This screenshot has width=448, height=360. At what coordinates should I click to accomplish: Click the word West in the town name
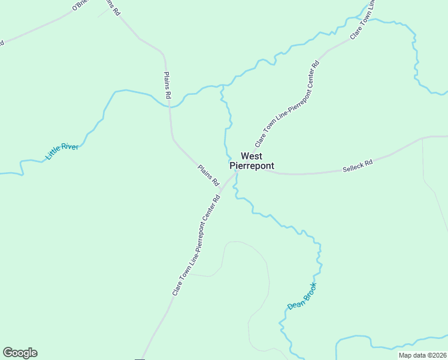click(252, 156)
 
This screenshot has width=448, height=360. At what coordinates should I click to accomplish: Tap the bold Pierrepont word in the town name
click(252, 166)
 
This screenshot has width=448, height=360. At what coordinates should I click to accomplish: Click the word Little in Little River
click(53, 155)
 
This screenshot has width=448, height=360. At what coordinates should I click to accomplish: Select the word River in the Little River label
click(70, 146)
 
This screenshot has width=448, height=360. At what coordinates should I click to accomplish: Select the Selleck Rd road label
click(358, 166)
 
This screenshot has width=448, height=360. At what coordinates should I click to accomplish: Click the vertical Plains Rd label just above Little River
click(168, 85)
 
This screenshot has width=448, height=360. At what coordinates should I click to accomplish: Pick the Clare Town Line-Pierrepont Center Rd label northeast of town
click(287, 103)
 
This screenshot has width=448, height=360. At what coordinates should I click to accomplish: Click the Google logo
click(20, 353)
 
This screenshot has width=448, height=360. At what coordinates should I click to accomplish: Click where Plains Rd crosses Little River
click(169, 107)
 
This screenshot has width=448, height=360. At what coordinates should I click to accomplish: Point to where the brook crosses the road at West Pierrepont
click(236, 173)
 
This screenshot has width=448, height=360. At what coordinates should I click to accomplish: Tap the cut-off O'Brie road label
click(80, 5)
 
